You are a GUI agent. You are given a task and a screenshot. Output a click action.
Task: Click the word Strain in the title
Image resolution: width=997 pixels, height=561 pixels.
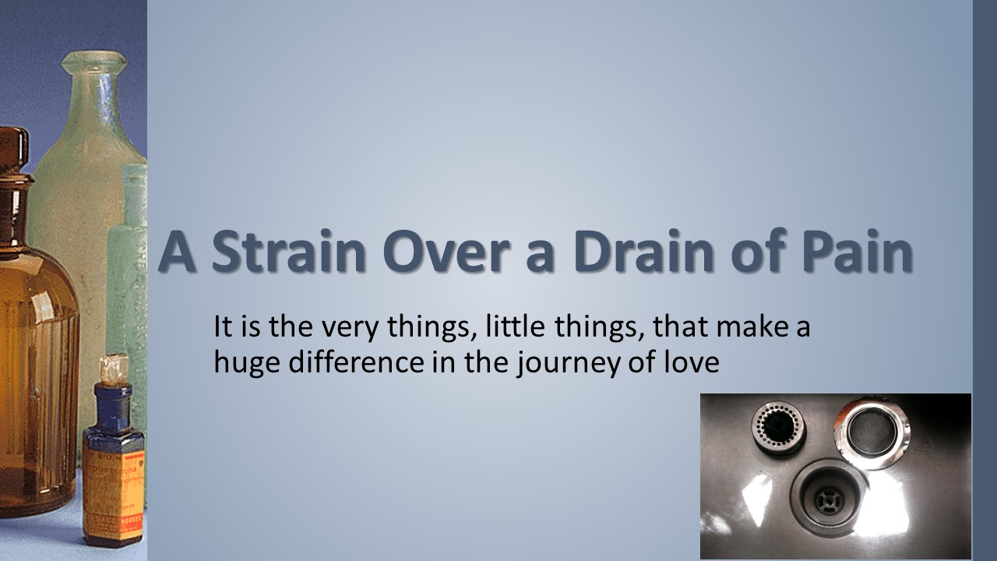[x=289, y=251]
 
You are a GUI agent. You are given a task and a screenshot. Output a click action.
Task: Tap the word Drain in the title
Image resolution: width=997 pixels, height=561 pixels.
[x=643, y=251]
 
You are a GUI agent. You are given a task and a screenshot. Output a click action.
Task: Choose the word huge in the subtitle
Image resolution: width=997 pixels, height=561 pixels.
[x=247, y=364]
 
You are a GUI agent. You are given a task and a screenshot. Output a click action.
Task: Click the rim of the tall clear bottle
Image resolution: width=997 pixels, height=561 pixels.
[x=94, y=61]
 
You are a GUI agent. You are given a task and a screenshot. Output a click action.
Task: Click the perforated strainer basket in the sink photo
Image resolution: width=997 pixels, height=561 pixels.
[x=778, y=429]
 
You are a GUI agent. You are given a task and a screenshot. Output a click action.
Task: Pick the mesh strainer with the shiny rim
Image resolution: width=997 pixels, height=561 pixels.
[x=872, y=432]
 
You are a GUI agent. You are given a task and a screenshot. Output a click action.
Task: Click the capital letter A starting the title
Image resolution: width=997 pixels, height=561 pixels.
[x=177, y=251]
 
